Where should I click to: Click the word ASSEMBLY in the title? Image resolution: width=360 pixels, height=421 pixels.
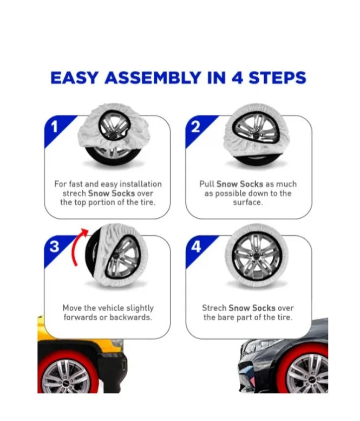[x=153, y=78]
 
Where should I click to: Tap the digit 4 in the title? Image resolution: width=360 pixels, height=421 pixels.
[x=238, y=78]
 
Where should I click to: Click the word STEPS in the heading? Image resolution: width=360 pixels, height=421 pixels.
[x=277, y=78]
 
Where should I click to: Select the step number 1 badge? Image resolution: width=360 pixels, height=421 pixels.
[x=55, y=127]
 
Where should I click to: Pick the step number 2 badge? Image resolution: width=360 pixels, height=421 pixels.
[x=195, y=127]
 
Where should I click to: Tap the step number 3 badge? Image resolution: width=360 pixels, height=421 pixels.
[x=54, y=246]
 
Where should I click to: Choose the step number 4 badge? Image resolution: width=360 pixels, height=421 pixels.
[x=196, y=246]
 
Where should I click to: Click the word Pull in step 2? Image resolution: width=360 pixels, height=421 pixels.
[x=207, y=184]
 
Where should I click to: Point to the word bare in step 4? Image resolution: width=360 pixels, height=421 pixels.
[x=223, y=318]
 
